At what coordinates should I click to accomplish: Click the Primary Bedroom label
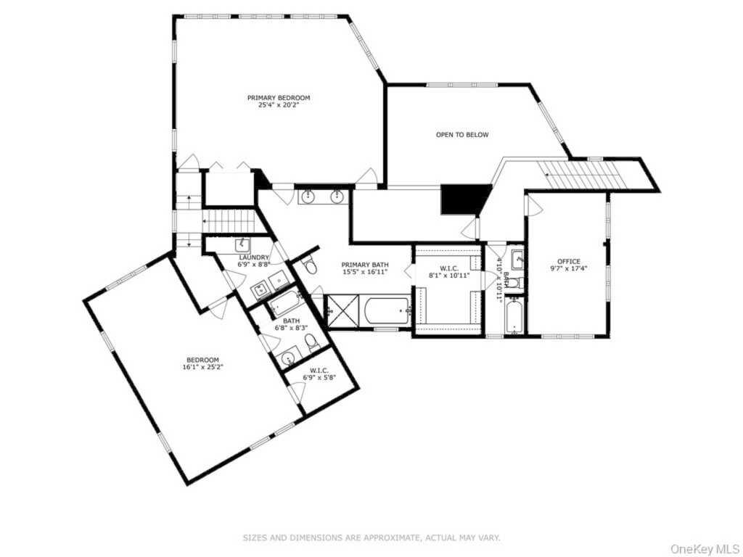279,98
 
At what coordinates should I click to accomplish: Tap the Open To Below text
462,134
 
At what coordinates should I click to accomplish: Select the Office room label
569,261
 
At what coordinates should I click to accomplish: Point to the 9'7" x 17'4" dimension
569,268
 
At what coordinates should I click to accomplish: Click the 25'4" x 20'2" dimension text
279,104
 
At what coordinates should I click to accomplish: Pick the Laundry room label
254,257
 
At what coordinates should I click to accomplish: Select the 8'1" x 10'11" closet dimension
448,275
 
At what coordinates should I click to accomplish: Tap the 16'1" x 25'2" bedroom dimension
203,366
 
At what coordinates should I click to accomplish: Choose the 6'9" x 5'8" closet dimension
319,377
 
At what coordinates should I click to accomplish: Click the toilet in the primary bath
311,265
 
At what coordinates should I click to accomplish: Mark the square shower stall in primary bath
343,310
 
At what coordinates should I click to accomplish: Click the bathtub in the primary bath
387,310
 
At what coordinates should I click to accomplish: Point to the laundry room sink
242,246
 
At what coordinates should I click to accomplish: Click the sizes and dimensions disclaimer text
371,537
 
